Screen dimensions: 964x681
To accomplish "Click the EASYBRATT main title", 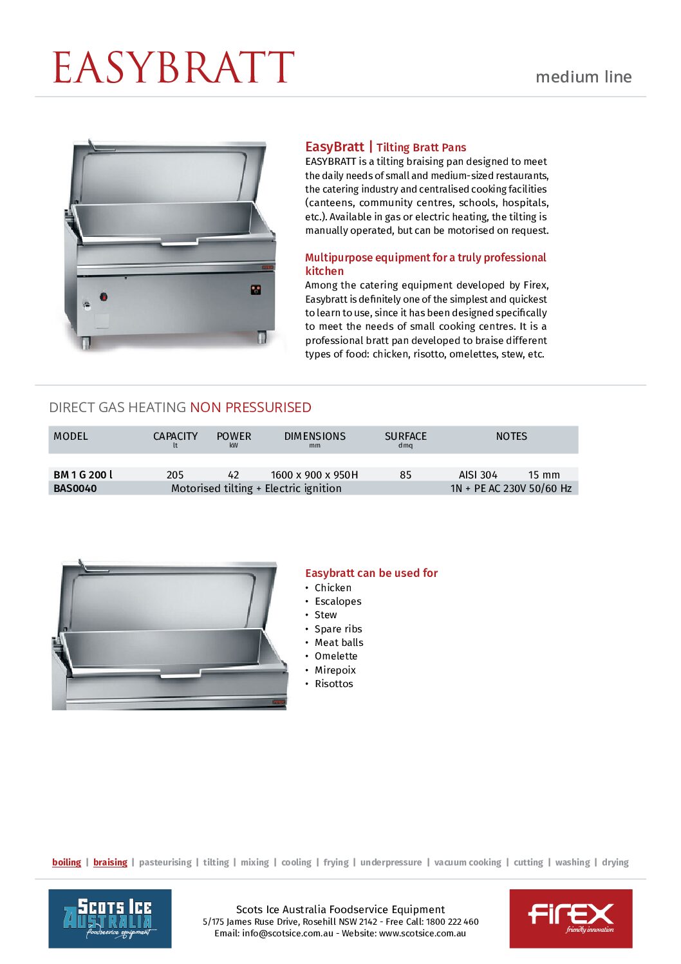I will [173, 68].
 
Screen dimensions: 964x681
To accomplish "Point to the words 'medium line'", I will [583, 77].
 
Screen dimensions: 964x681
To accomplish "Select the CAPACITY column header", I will [175, 437].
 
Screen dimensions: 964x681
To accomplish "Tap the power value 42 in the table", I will [234, 475].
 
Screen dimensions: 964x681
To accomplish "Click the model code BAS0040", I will [75, 488].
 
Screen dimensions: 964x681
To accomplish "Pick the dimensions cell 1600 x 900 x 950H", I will [314, 475].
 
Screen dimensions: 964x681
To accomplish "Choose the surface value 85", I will [406, 475].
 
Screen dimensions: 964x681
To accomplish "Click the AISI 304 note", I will [478, 475].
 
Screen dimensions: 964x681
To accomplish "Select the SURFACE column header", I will [406, 437].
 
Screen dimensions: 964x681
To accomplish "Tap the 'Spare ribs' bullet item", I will [338, 629].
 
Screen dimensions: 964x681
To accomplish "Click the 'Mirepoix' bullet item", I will [335, 670].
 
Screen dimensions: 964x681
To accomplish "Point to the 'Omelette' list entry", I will [335, 656].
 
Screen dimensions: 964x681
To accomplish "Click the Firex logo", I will [570, 918].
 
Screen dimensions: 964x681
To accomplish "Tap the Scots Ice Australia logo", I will [110, 918].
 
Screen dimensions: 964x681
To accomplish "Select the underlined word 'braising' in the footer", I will [110, 862].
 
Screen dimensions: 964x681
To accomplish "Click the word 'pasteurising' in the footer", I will [165, 862].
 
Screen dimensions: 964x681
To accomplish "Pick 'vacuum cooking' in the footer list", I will [467, 862].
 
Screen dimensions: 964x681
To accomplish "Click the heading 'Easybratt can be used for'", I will [371, 573].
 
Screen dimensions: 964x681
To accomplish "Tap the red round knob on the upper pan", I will [103, 297].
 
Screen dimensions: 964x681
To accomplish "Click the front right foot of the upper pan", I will [262, 337].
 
